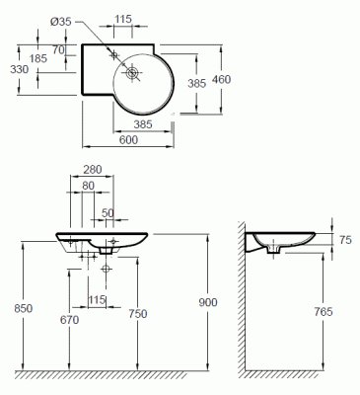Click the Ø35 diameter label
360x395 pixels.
[x=61, y=22]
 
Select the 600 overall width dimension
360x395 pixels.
[x=128, y=140]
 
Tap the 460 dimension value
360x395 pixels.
[x=222, y=79]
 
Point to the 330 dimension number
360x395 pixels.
[x=19, y=69]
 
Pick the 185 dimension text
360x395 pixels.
[x=38, y=58]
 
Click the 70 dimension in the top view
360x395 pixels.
[x=58, y=49]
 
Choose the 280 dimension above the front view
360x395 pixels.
[x=93, y=170]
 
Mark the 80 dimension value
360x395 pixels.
[x=88, y=186]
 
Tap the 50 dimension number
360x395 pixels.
[x=108, y=213]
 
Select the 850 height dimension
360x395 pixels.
[x=24, y=308]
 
